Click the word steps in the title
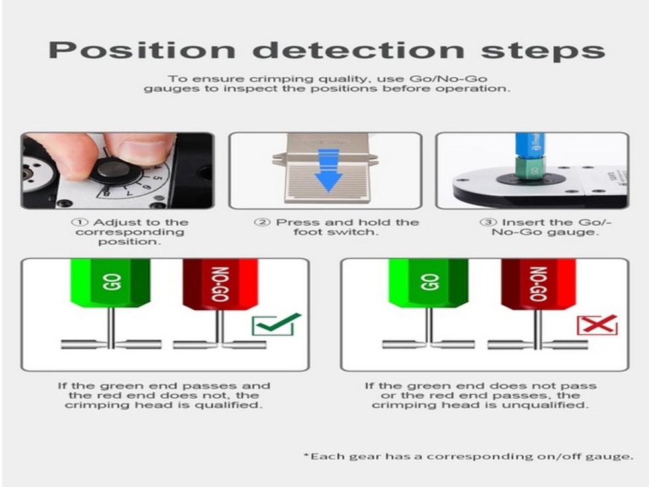[543, 51]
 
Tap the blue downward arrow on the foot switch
[328, 170]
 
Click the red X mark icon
[597, 325]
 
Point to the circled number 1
[79, 222]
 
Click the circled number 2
[262, 222]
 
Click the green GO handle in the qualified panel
[111, 283]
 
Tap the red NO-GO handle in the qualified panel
[220, 285]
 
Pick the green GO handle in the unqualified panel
[429, 283]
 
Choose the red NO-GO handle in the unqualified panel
[538, 285]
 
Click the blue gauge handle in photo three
[527, 145]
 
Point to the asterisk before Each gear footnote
[306, 456]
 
